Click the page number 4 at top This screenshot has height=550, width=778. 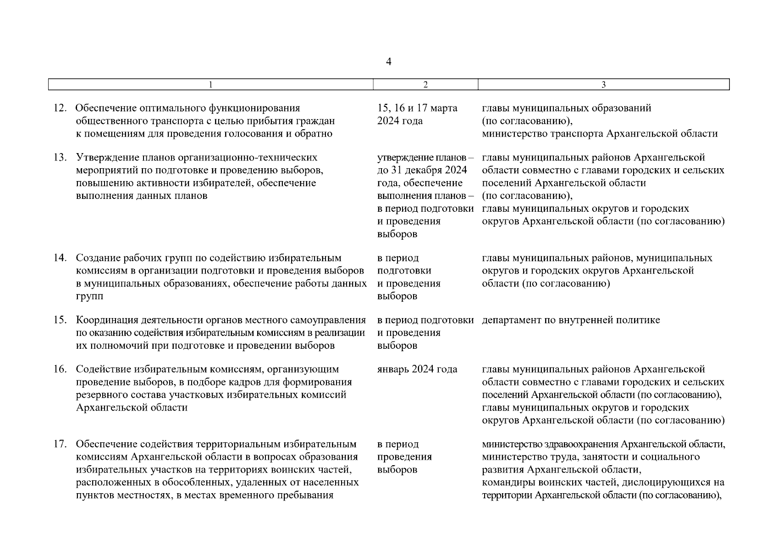click(x=389, y=62)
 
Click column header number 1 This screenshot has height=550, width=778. click(x=210, y=85)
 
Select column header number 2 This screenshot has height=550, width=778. click(x=425, y=85)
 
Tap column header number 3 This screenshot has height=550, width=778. click(x=603, y=85)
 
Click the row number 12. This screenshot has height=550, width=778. click(x=60, y=109)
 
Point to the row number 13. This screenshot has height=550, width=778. click(x=60, y=158)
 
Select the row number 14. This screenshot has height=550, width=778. click(x=60, y=258)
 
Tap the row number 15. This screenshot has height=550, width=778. click(x=60, y=320)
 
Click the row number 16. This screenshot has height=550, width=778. click(x=60, y=369)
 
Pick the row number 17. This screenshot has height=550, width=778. click(x=60, y=445)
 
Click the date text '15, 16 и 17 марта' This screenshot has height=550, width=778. click(x=417, y=109)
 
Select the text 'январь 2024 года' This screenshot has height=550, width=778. click(x=417, y=369)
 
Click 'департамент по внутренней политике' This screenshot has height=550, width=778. click(x=571, y=320)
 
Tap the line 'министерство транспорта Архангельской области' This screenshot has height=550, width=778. click(x=600, y=134)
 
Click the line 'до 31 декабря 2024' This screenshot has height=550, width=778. click(x=422, y=170)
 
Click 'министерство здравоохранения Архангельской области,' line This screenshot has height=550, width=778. click(x=603, y=445)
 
